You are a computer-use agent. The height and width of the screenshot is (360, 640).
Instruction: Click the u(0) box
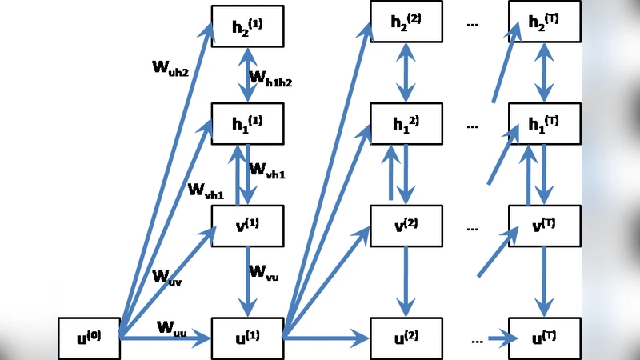(x=88, y=338)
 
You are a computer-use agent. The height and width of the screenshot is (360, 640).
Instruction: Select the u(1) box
(x=248, y=338)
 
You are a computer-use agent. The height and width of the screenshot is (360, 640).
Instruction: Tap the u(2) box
(x=406, y=338)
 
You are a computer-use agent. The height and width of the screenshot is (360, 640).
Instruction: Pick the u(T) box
(x=545, y=338)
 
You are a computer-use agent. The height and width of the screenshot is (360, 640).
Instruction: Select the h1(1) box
(x=248, y=123)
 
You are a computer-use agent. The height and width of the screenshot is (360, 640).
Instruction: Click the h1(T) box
(x=545, y=123)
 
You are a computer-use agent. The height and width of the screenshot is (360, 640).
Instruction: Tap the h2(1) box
(x=248, y=26)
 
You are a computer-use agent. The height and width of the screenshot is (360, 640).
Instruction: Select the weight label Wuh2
(x=170, y=67)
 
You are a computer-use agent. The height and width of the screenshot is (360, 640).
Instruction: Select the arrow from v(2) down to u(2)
(x=406, y=281)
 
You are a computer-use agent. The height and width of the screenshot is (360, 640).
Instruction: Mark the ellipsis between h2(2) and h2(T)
(x=472, y=25)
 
